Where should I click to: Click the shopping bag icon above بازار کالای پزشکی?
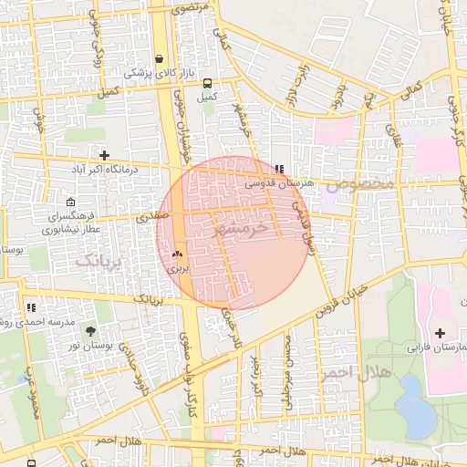pyautogui.click(x=161, y=57)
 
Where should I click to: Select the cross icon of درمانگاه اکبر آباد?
pyautogui.click(x=104, y=155)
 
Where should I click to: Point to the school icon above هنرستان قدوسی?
pyautogui.click(x=278, y=169)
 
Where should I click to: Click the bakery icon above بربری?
pyautogui.click(x=177, y=255)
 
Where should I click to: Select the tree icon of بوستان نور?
pyautogui.click(x=89, y=327)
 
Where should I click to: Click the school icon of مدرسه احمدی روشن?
pyautogui.click(x=32, y=308)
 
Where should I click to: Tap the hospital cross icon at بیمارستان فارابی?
pyautogui.click(x=441, y=333)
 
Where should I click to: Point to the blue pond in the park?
pyautogui.click(x=416, y=406)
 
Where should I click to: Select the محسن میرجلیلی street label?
pyautogui.click(x=289, y=370)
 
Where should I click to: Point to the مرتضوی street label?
pyautogui.click(x=193, y=7)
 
